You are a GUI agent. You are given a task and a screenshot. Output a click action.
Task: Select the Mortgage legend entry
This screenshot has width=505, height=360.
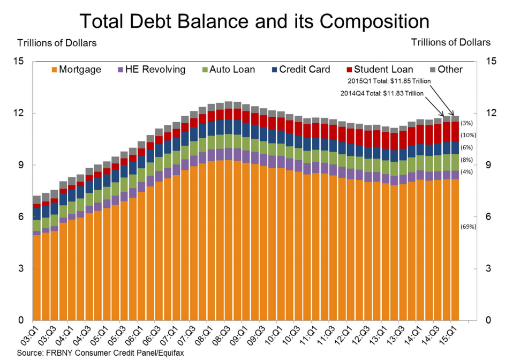tap(76, 70)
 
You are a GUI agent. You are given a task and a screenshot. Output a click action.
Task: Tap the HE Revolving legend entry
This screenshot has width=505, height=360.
tap(152, 70)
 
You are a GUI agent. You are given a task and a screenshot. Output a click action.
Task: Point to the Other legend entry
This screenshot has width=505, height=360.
tap(446, 70)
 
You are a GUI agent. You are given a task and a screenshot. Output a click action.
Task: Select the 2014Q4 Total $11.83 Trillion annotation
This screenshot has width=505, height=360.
tap(382, 93)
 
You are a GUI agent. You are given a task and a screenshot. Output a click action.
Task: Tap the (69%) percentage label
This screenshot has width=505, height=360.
tap(468, 227)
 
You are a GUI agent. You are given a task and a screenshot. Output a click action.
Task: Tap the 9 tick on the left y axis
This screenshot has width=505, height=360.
tap(25, 165)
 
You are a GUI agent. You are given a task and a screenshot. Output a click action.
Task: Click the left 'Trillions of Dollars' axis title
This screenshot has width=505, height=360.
tap(57, 42)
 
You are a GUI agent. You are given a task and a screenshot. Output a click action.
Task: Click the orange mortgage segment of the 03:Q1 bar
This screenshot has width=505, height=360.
tap(37, 279)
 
